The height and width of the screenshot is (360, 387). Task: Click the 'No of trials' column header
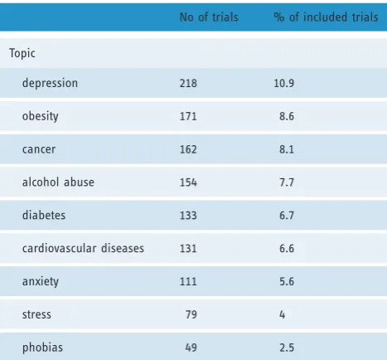pos(209,17)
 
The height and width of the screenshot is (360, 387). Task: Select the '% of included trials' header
pos(326,17)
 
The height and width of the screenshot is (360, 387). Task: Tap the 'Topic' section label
pos(22,53)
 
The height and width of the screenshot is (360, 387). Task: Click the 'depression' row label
pos(50,83)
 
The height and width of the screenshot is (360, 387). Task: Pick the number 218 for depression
pos(188,83)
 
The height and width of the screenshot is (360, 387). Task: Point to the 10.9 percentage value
pos(284,83)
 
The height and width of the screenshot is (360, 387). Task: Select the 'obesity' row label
pos(41,116)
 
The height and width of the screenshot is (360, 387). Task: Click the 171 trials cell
pos(188,116)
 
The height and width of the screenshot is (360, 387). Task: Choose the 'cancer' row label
pos(39,149)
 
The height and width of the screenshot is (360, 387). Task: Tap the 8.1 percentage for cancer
pos(287,149)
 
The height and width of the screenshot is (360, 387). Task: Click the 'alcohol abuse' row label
pos(58,182)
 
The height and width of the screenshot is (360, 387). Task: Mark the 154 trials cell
pos(188,182)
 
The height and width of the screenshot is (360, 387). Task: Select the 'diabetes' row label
pos(44,215)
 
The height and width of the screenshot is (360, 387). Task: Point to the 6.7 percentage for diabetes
pos(287,216)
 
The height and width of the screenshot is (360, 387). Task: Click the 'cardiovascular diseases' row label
pos(83,248)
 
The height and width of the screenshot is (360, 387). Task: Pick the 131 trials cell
pos(188,248)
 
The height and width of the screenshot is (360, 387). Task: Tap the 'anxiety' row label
pos(41,281)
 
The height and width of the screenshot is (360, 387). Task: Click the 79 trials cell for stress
pos(191,314)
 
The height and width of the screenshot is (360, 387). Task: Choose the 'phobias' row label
pos(42,348)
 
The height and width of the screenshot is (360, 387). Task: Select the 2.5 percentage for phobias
pos(287,348)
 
